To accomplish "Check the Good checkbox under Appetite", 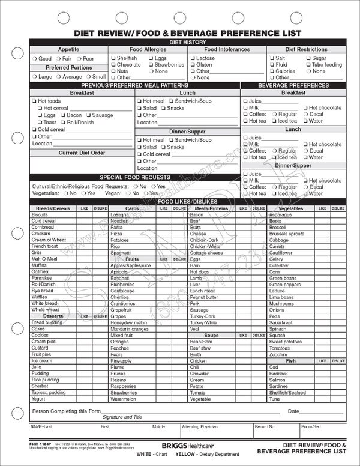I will [x=34, y=59].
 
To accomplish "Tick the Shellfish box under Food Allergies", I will [x=112, y=58].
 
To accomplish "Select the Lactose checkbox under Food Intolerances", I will [x=193, y=58].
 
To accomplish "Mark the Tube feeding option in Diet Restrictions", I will [x=307, y=65].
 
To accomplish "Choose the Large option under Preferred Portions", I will [x=34, y=77].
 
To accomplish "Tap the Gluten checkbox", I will [x=193, y=65].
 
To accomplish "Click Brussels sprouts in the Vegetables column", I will [x=286, y=234].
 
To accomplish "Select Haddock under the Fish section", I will [x=279, y=374].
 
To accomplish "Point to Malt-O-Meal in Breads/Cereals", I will [x=44, y=259].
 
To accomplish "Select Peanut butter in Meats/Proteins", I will [x=203, y=297].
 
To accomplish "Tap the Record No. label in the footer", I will [x=265, y=426].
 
